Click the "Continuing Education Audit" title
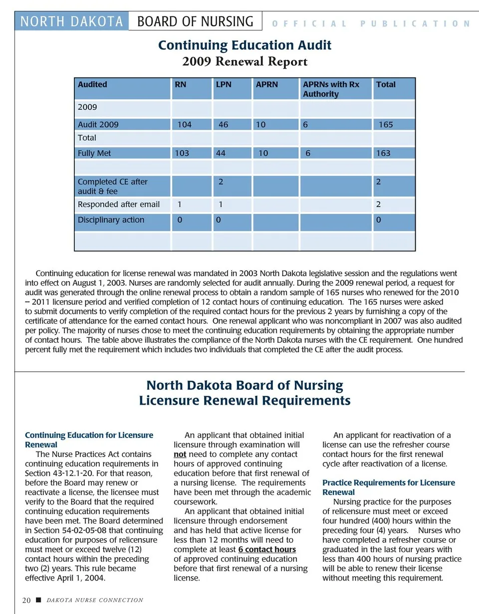tap(244, 45)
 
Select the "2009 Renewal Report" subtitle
tap(244, 62)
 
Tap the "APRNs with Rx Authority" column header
tap(331, 89)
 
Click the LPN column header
tap(224, 85)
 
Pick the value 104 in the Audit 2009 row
tap(184, 125)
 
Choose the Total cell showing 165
tap(386, 125)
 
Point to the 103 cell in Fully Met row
tap(182, 153)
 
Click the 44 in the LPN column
tap(220, 153)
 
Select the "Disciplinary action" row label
tap(111, 220)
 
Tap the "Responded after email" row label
tap(119, 204)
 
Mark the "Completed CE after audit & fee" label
tap(113, 186)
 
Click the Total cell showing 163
tap(383, 153)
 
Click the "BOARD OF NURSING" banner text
tap(195, 21)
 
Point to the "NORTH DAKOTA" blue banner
tap(72, 21)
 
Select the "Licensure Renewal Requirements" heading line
tap(244, 401)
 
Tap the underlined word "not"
tap(180, 455)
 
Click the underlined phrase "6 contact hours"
tap(267, 550)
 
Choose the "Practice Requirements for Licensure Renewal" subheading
tap(388, 487)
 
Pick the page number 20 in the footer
tap(26, 601)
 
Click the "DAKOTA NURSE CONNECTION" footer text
tap(95, 601)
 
